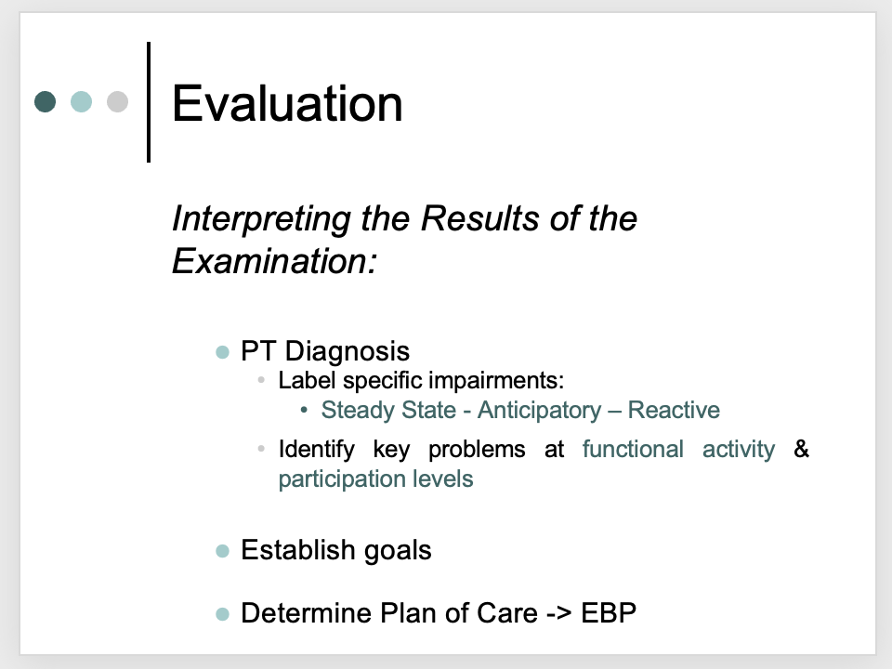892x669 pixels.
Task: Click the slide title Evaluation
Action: pos(287,103)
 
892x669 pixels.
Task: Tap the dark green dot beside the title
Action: pos(45,102)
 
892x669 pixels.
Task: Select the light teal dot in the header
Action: pos(82,102)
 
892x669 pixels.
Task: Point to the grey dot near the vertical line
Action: pos(118,102)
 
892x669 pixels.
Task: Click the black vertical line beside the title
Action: pos(149,102)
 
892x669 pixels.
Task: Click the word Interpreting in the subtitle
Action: pos(262,219)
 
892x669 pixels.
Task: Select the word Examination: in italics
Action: pos(274,262)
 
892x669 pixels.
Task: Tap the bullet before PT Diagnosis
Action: pos(222,353)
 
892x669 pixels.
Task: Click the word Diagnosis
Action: pos(347,352)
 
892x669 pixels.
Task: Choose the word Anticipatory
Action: pos(539,411)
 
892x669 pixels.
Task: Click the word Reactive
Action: pos(674,410)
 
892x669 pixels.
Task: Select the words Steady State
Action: pos(388,411)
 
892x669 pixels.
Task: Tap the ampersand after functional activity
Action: pos(801,450)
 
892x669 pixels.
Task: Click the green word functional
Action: pos(633,450)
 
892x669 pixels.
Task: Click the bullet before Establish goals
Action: pos(222,551)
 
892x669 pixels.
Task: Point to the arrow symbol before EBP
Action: pos(558,614)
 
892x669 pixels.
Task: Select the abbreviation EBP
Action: pos(609,613)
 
